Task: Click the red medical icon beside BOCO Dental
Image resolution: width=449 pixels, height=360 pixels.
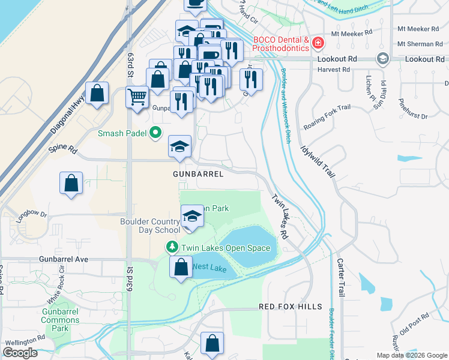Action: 318,43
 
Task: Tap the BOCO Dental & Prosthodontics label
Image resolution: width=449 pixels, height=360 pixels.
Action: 280,44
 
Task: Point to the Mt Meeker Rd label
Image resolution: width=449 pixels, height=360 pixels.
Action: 420,29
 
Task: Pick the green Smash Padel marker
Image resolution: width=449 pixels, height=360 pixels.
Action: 156,133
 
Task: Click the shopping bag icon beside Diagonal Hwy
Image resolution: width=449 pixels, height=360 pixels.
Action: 97,94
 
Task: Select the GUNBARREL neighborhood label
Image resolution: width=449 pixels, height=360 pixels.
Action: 199,174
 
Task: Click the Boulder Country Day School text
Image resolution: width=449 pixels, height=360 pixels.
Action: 150,225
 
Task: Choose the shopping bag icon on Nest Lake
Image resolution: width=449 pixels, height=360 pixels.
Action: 181,268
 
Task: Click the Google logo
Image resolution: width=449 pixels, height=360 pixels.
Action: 20,353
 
